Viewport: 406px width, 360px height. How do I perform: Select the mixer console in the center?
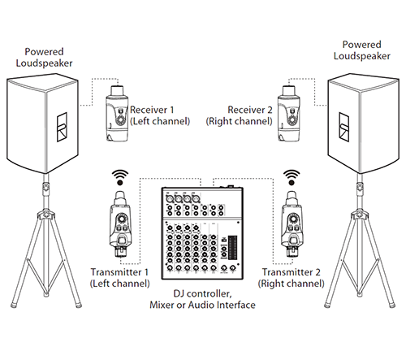pyautogui.click(x=203, y=232)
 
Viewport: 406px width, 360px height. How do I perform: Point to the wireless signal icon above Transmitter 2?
pyautogui.click(x=290, y=177)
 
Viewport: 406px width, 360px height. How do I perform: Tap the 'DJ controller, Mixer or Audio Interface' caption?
pyautogui.click(x=203, y=298)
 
